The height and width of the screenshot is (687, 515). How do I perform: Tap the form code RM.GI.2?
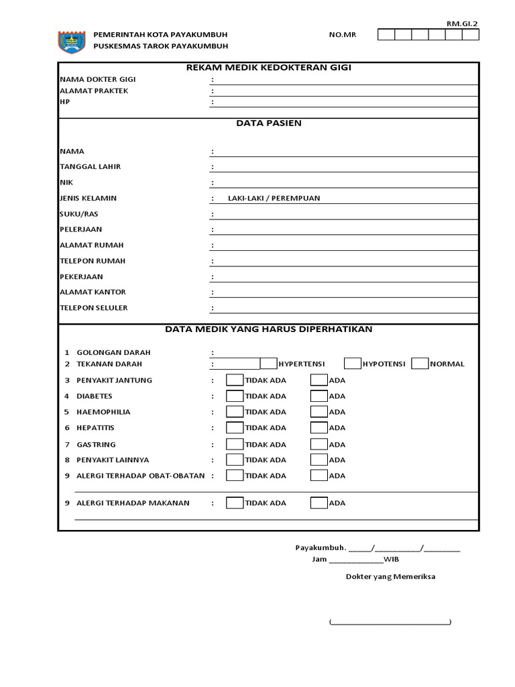(x=463, y=23)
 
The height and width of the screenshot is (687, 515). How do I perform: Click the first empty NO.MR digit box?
(x=386, y=35)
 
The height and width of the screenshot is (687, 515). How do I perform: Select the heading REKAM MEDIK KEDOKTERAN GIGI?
(x=268, y=67)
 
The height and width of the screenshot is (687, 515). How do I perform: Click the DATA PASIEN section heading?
(x=268, y=123)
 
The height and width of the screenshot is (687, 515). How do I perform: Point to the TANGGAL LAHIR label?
(x=91, y=166)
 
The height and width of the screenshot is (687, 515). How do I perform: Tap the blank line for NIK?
(x=345, y=182)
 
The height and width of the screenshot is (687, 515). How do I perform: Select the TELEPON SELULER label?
(x=94, y=308)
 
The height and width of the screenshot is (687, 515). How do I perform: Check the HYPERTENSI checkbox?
(x=268, y=364)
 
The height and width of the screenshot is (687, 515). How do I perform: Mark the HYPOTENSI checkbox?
(x=352, y=364)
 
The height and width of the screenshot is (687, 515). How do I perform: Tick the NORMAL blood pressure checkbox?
(x=420, y=364)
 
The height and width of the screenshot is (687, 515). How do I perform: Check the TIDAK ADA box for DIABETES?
(x=235, y=396)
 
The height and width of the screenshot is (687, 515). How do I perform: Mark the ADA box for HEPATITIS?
(x=319, y=427)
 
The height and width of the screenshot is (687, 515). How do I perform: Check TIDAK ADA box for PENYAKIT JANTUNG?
(x=235, y=380)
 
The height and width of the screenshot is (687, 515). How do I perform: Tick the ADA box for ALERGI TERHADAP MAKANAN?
(x=319, y=503)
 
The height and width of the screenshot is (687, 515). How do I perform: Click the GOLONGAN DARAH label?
(x=113, y=352)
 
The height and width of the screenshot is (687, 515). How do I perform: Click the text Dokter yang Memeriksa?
(x=390, y=576)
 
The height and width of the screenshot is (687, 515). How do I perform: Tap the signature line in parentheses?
(x=390, y=623)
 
